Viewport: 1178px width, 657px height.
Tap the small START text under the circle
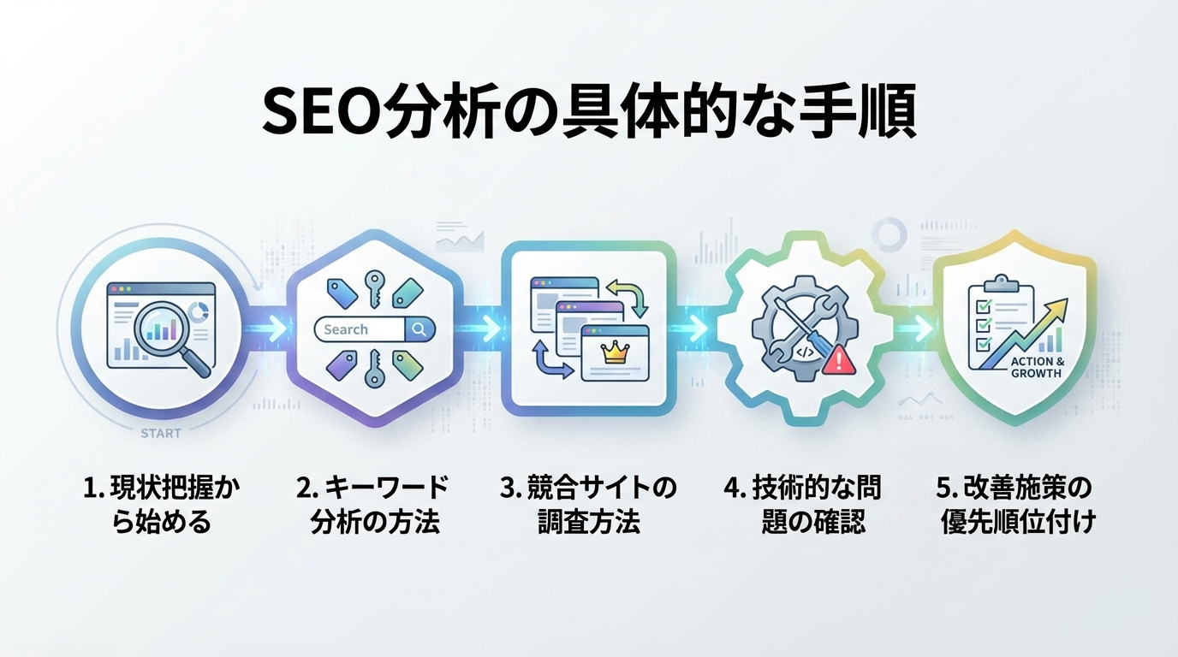pos(161,434)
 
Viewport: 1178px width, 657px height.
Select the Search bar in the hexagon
pos(374,329)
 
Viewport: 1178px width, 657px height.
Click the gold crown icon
pos(616,352)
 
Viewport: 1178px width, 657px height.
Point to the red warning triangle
pos(839,359)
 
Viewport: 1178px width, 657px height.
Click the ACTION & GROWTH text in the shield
pos(1037,367)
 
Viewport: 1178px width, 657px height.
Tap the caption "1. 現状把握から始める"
pos(161,505)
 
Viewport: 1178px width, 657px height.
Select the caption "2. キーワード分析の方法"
pos(374,505)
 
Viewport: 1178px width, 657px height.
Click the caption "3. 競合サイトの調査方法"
pos(588,505)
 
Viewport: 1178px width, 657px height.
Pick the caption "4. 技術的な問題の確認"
pos(802,505)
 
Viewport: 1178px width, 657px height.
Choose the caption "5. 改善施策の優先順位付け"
pos(1015,505)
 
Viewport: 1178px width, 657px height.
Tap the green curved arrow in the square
pos(633,293)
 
